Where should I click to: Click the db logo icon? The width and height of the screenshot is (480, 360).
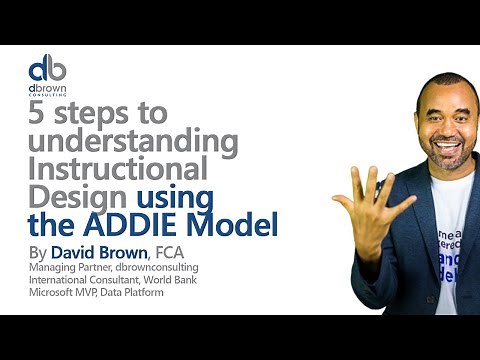click(x=47, y=70)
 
